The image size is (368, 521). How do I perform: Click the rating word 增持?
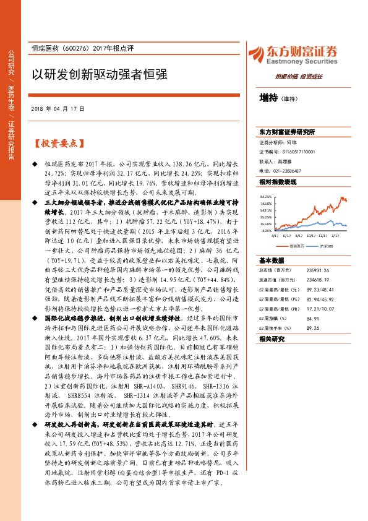point(268,98)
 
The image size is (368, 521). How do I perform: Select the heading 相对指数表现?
point(278,182)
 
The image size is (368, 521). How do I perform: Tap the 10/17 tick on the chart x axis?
point(311,235)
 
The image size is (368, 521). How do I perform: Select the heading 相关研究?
point(272,340)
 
